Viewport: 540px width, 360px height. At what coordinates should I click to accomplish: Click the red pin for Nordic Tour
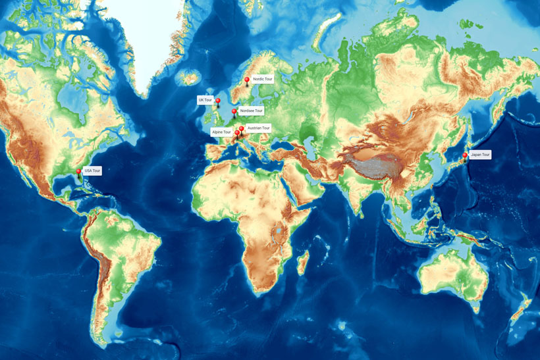(247, 80)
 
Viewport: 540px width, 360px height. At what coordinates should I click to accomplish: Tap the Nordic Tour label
(263, 79)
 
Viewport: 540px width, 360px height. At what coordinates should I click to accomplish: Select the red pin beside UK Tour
(218, 101)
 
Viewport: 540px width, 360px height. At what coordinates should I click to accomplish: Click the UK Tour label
(205, 100)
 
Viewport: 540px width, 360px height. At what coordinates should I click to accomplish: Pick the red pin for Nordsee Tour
(234, 112)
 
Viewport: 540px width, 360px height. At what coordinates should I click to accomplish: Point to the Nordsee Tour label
(250, 111)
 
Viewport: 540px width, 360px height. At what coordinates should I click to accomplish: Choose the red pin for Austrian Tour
(242, 129)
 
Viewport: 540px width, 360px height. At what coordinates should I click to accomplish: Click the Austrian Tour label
(259, 128)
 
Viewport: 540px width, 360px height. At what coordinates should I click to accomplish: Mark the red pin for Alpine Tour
(237, 133)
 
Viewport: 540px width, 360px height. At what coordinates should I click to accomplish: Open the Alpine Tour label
(221, 132)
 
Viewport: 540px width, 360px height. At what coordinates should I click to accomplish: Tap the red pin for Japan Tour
(465, 156)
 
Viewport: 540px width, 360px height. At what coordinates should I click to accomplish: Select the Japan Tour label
(481, 155)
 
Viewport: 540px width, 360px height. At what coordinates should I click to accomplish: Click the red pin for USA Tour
(79, 172)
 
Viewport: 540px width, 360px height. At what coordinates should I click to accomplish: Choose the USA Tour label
(93, 170)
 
